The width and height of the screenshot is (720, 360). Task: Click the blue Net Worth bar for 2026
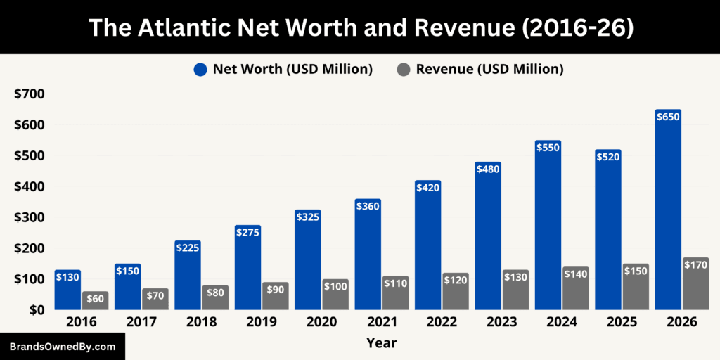(x=668, y=211)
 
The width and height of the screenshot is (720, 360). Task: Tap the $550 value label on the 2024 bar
(x=548, y=148)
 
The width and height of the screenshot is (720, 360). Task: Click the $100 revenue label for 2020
(x=335, y=288)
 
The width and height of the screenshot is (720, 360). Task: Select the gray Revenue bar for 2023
(x=515, y=290)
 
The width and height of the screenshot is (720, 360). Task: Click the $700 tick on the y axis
(x=28, y=94)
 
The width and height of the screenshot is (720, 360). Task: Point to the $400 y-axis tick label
(x=28, y=186)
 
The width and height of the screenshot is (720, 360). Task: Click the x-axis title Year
(x=381, y=343)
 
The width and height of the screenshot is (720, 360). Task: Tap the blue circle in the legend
(x=200, y=70)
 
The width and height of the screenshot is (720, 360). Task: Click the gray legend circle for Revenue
(x=403, y=70)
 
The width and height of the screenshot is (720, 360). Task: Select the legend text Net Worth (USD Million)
(x=292, y=69)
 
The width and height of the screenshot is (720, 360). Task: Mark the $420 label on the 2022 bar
(x=427, y=188)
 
